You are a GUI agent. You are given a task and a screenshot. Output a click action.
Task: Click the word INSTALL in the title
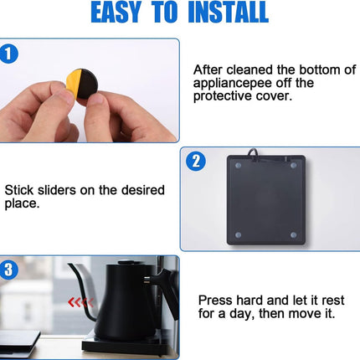(228, 12)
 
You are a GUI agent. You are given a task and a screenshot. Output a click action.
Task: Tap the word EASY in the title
(116, 12)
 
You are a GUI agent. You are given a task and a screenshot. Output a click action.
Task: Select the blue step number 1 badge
(8, 54)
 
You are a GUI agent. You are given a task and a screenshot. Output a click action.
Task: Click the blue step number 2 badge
(196, 162)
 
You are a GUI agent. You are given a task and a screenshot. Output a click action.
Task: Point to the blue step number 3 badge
(8, 270)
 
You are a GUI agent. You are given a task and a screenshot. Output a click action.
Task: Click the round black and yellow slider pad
(83, 84)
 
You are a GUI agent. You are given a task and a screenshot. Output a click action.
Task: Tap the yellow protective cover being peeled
(73, 83)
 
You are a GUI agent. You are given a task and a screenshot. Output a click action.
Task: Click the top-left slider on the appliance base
(238, 166)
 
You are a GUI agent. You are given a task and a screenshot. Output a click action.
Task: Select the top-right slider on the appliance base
(293, 166)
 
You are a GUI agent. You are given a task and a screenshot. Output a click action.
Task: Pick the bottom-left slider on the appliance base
(238, 234)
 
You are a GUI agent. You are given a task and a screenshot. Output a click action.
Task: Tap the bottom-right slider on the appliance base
(293, 234)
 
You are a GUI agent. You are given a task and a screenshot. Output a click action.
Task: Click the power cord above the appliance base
(253, 153)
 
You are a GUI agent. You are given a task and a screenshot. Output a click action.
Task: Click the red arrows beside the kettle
(80, 302)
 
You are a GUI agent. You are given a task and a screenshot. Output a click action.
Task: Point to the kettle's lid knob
(127, 262)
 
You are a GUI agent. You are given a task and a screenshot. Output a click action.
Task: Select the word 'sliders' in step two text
(56, 190)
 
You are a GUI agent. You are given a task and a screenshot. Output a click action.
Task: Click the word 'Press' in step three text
(215, 301)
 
